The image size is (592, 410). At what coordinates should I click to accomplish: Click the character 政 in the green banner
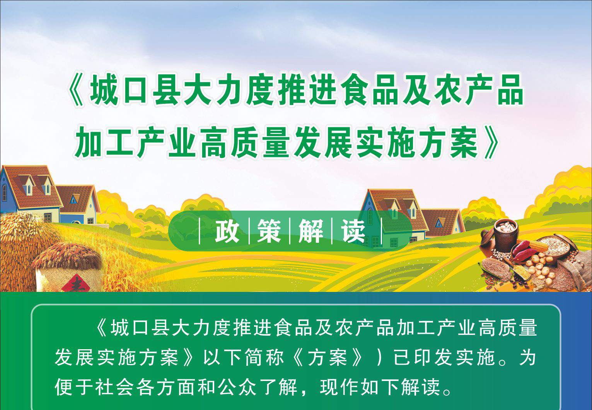pyautogui.click(x=227, y=231)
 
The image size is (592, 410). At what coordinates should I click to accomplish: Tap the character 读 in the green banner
pyautogui.click(x=353, y=231)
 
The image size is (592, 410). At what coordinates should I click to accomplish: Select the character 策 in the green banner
pyautogui.click(x=269, y=231)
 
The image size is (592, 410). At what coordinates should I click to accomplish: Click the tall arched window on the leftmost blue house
pyautogui.click(x=4, y=192)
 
